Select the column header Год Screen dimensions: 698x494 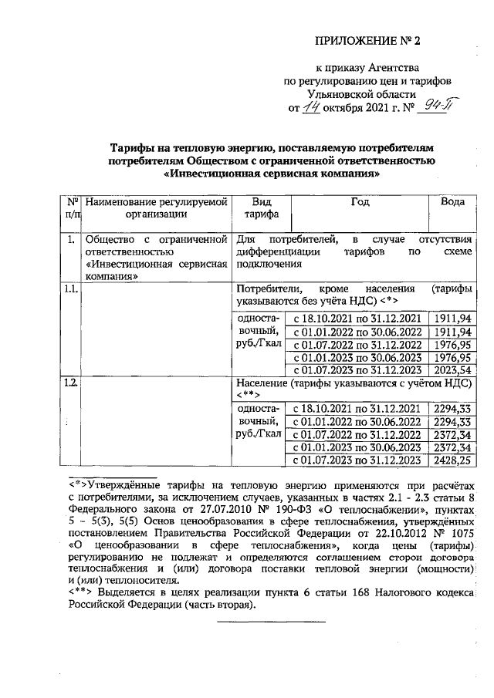(358, 201)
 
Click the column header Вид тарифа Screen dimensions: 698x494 (257, 207)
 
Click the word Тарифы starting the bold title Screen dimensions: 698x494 (132, 147)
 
